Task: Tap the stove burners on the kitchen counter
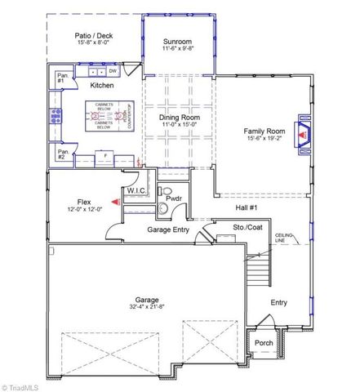(56, 117)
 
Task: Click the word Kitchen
(101, 86)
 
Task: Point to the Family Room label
(263, 131)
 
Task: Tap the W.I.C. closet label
(136, 191)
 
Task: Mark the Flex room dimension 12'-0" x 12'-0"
(84, 209)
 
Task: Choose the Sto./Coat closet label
(247, 228)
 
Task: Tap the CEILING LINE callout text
(284, 237)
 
